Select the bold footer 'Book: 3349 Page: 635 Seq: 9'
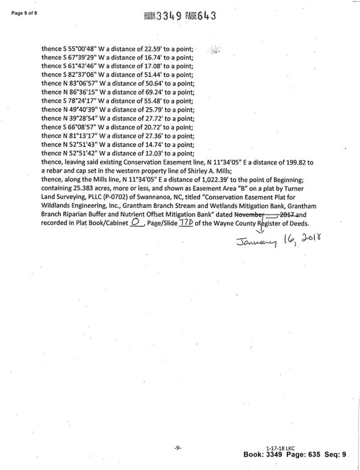pos(295,455)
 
